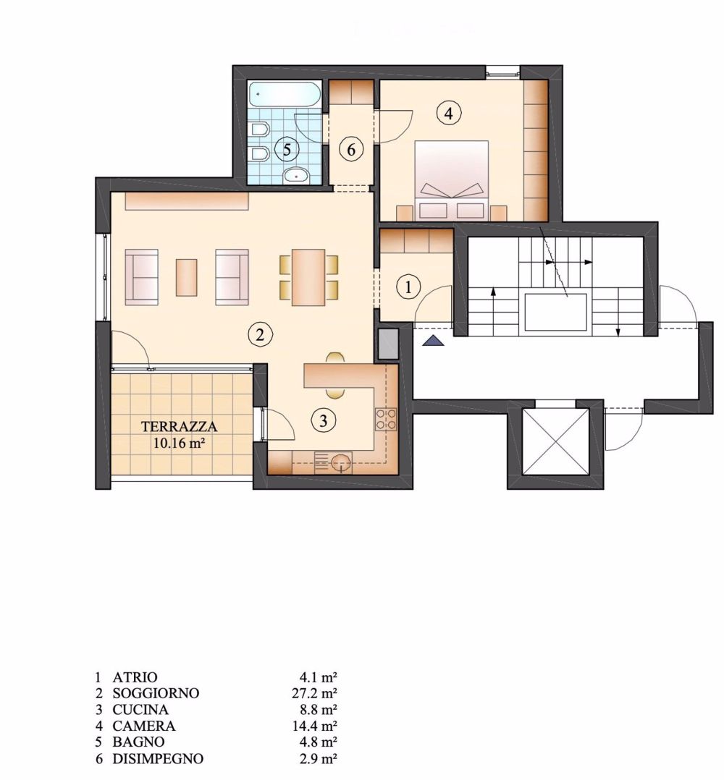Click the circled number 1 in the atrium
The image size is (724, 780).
408,287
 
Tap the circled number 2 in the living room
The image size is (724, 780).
260,334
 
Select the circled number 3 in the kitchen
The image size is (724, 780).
324,420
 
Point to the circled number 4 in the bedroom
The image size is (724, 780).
449,114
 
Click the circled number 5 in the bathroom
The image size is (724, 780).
287,149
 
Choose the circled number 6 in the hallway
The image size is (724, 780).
351,149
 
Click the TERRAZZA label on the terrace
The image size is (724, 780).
179,427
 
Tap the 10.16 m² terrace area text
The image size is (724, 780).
179,443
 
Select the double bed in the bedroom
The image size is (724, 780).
451,180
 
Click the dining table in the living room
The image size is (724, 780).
308,277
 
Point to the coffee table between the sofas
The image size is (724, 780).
186,277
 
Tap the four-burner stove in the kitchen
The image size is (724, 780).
386,419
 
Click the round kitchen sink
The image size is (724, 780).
341,462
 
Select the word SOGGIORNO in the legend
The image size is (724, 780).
156,693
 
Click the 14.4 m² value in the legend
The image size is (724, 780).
314,726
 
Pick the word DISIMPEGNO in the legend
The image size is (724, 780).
158,758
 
